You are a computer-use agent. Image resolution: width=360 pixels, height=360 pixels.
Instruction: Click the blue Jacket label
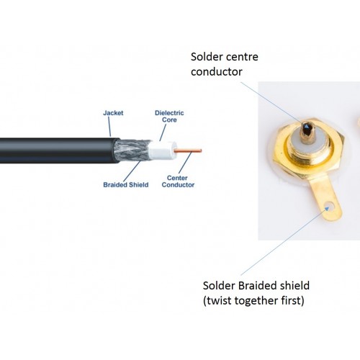pyautogui.click(x=113, y=113)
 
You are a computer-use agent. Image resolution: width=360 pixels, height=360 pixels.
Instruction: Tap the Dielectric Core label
pyautogui.click(x=169, y=117)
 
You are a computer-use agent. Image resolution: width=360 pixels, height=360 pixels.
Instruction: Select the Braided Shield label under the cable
pyautogui.click(x=126, y=185)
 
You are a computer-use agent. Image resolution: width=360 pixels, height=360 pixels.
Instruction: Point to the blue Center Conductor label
pyautogui.click(x=178, y=181)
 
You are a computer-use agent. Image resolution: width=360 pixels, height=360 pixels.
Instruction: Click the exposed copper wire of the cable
pyautogui.click(x=188, y=150)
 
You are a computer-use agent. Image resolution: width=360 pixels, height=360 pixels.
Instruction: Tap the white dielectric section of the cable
pyautogui.click(x=162, y=150)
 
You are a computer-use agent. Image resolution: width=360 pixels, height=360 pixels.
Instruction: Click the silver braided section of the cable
pyautogui.click(x=132, y=150)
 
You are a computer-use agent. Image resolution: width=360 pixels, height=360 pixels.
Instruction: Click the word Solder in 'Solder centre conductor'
pyautogui.click(x=204, y=57)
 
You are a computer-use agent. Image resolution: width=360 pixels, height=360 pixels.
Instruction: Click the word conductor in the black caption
pyautogui.click(x=217, y=72)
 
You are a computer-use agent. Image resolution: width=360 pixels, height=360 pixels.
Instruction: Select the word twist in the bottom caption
pyautogui.click(x=217, y=300)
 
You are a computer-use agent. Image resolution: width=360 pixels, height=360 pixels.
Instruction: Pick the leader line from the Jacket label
pyautogui.click(x=109, y=127)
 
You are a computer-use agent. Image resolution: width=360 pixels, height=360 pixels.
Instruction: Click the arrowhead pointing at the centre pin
pyautogui.click(x=307, y=125)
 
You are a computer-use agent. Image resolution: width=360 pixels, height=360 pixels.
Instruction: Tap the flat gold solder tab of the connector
pyautogui.click(x=325, y=199)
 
